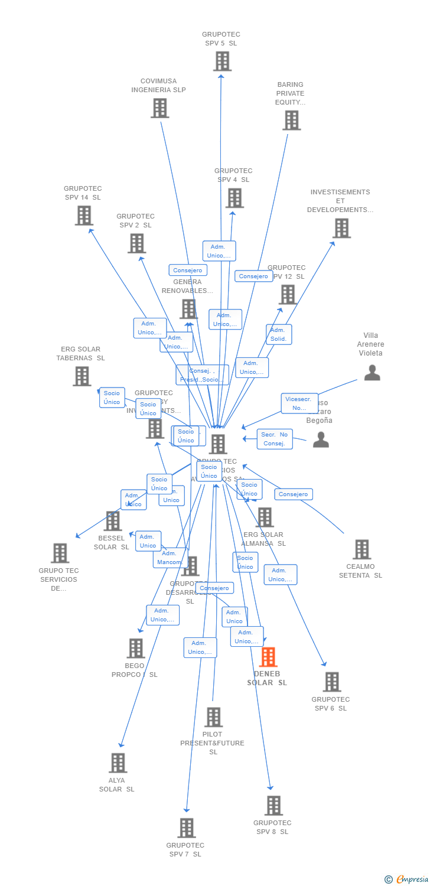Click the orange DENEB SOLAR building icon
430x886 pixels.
click(268, 657)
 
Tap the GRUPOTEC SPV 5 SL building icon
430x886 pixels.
click(222, 61)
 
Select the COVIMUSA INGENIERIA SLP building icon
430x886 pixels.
click(159, 108)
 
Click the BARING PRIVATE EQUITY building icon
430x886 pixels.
click(291, 120)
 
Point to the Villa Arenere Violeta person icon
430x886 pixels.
click(372, 373)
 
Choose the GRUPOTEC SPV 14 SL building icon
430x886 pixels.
click(84, 216)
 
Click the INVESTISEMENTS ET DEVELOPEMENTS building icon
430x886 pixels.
click(341, 228)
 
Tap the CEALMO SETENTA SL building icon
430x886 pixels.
click(361, 549)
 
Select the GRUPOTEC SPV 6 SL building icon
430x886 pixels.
click(331, 682)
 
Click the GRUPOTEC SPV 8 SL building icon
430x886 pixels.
click(273, 805)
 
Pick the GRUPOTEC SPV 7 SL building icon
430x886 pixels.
click(186, 828)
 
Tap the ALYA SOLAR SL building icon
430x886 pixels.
click(118, 763)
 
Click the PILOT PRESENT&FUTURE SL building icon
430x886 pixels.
click(213, 717)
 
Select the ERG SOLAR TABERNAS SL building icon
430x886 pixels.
click(82, 376)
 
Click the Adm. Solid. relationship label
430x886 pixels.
click(278, 334)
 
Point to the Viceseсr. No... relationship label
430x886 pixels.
click(299, 403)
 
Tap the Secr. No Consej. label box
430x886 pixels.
click(275, 439)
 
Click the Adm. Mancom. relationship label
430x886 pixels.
click(170, 558)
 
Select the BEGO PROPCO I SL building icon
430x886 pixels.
click(135, 648)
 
